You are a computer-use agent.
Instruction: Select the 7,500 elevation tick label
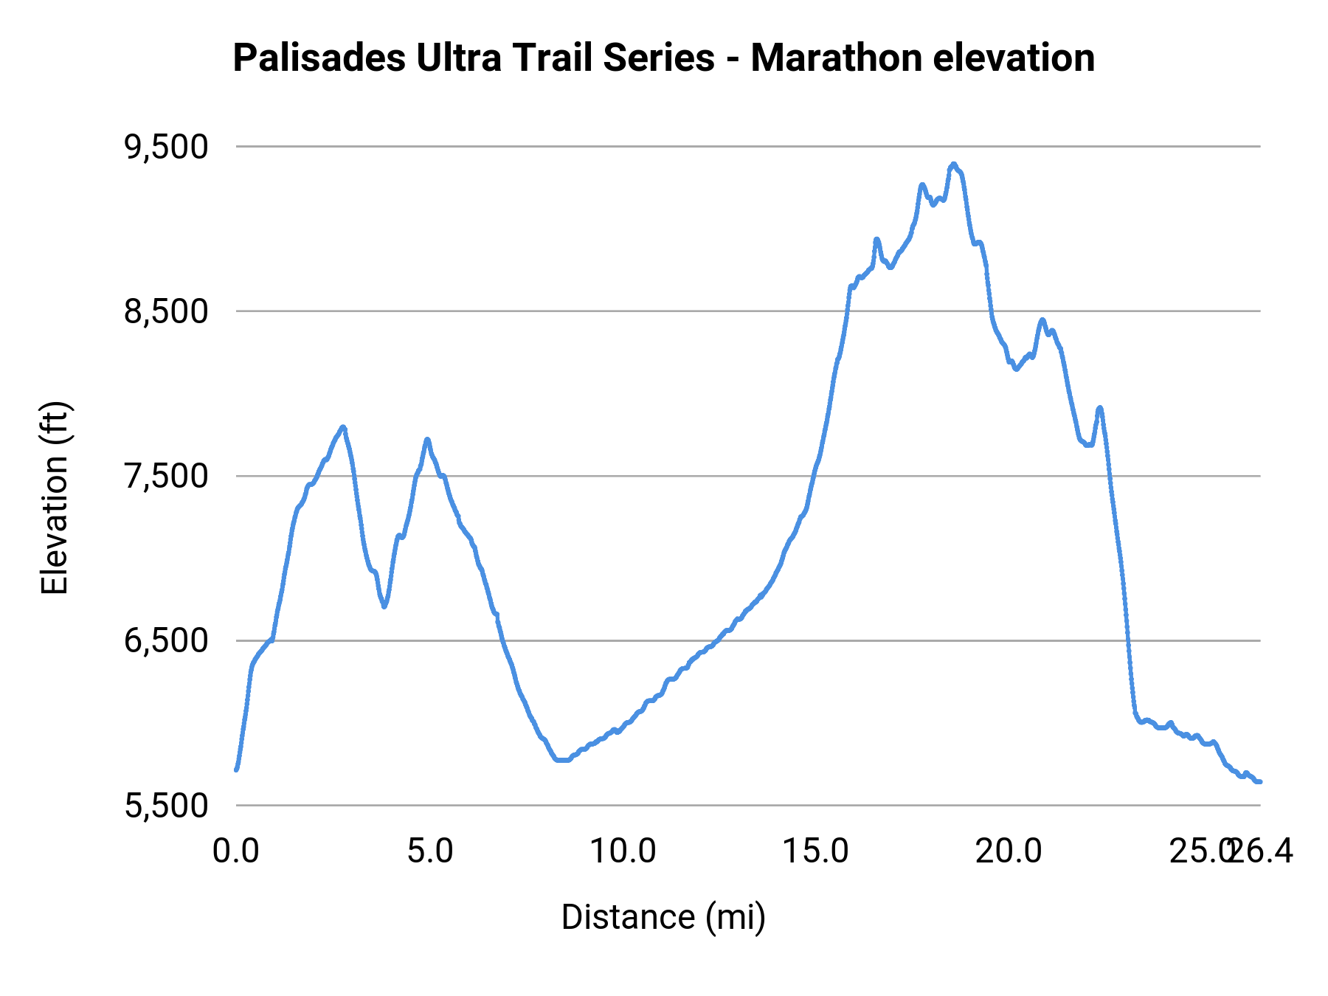pyautogui.click(x=166, y=477)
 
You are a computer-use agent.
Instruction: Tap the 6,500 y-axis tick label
pyautogui.click(x=166, y=641)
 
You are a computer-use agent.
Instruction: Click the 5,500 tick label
pyautogui.click(x=166, y=806)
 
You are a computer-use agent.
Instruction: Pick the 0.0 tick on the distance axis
pyautogui.click(x=236, y=851)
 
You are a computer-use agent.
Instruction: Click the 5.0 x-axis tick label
pyautogui.click(x=430, y=851)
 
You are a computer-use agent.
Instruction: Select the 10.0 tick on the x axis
pyautogui.click(x=623, y=851)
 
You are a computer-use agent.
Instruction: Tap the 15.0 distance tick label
pyautogui.click(x=816, y=851)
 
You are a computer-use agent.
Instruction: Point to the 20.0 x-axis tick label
pyautogui.click(x=1009, y=851)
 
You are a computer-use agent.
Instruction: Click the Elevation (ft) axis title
pyautogui.click(x=55, y=498)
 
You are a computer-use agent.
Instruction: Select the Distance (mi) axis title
pyautogui.click(x=663, y=917)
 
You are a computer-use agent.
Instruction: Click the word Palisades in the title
pyautogui.click(x=319, y=58)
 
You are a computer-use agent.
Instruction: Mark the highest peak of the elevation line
pyautogui.click(x=953, y=165)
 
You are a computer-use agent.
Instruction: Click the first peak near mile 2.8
pyautogui.click(x=343, y=427)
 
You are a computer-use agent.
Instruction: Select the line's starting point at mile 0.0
pyautogui.click(x=236, y=770)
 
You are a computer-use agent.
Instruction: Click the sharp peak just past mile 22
pyautogui.click(x=1100, y=407)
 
